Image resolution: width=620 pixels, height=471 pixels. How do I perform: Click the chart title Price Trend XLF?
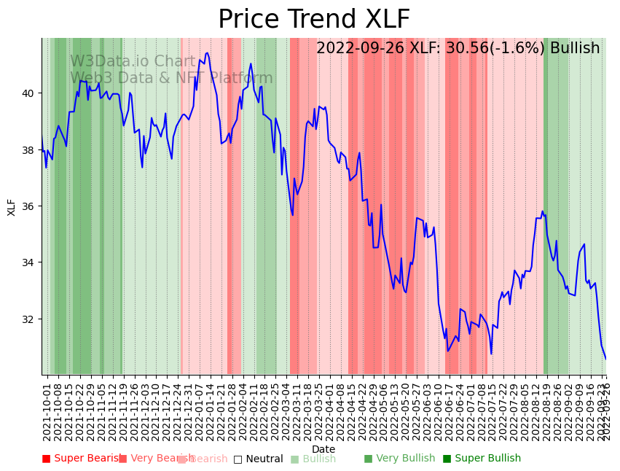pos(313,20)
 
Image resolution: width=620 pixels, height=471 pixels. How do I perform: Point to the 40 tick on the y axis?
pos(31,93)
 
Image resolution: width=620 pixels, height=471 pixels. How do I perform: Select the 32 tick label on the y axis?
pos(31,319)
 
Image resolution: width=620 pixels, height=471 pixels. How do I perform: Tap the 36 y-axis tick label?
pos(31,206)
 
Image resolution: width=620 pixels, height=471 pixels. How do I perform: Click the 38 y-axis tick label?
pos(31,150)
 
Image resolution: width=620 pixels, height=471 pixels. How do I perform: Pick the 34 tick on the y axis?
pos(31,262)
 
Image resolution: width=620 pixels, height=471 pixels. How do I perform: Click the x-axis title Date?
pos(323,449)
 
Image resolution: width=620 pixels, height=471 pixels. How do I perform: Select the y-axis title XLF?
pos(12,207)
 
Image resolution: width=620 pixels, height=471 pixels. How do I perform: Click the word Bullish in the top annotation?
pos(575,48)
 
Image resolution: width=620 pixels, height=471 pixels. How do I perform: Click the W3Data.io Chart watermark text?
pos(133,62)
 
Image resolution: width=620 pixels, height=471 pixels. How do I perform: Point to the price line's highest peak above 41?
pos(207,52)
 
